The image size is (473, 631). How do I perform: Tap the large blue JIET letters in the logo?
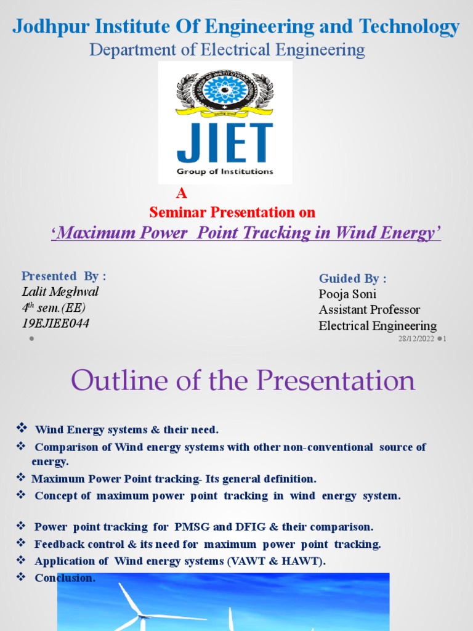tap(225, 143)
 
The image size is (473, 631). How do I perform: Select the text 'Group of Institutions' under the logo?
tap(225, 171)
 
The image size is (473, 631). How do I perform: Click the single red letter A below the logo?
tap(180, 193)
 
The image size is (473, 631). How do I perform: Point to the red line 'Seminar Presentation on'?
tap(232, 213)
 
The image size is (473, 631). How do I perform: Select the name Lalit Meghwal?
tap(60, 291)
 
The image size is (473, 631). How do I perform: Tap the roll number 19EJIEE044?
tap(55, 323)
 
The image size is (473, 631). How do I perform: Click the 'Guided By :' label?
tap(352, 279)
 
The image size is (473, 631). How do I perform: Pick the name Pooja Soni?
tap(347, 294)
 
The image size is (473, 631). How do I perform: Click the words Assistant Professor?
tap(370, 309)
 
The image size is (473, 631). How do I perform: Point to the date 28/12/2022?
tap(416, 339)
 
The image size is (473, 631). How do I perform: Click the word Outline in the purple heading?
tap(113, 381)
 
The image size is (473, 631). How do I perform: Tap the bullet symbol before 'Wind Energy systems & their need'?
tap(21, 428)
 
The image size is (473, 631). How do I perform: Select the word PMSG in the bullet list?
tap(193, 527)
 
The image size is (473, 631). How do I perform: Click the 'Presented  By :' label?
tap(63, 275)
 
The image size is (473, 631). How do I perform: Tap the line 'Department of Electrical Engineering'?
tap(227, 49)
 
